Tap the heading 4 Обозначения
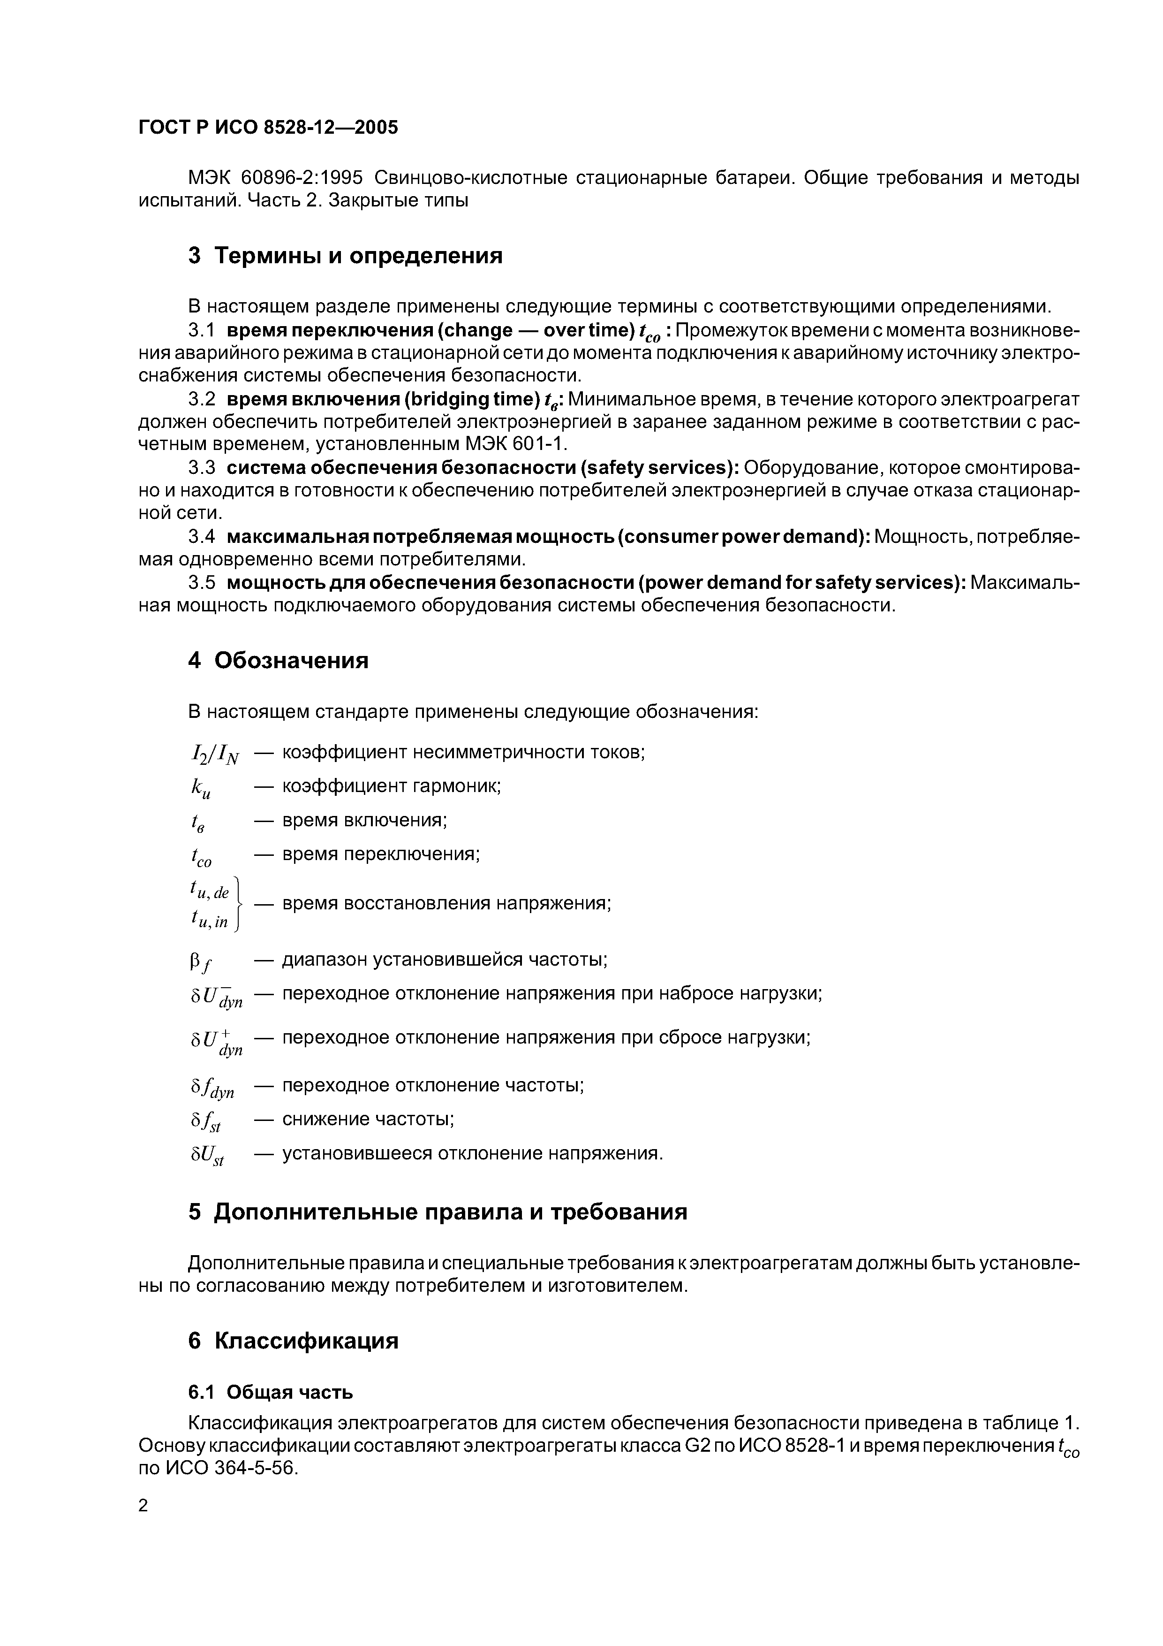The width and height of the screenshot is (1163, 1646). click(278, 660)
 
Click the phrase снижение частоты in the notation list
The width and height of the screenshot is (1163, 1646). click(368, 1119)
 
